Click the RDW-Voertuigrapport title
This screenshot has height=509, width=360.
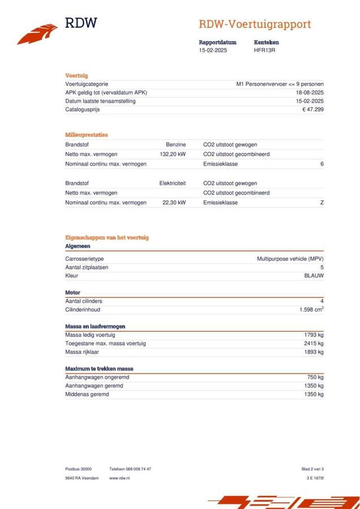point(255,24)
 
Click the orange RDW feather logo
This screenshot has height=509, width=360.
point(37,33)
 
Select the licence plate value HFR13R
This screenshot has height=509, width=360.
point(265,50)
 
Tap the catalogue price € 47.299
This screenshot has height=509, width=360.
point(313,109)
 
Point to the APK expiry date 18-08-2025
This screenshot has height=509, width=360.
point(310,92)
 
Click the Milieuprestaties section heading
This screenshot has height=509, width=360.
point(86,135)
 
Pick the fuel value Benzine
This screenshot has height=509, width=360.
point(175,145)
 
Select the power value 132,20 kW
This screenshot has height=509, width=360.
point(173,154)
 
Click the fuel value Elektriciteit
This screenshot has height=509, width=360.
point(173,183)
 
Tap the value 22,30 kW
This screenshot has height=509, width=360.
point(174,202)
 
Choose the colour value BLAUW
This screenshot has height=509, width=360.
point(314,275)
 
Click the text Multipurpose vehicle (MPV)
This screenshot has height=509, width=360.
point(290,258)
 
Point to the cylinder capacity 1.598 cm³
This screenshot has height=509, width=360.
point(311,310)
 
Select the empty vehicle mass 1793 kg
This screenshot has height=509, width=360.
point(314,335)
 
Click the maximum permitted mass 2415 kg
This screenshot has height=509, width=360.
point(314,343)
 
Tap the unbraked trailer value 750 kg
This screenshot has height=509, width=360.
point(315,377)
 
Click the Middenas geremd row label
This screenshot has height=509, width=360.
point(87,394)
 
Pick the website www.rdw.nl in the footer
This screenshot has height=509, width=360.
point(119,478)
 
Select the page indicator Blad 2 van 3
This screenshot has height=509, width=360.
point(312,469)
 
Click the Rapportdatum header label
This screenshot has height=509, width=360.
point(217,42)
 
